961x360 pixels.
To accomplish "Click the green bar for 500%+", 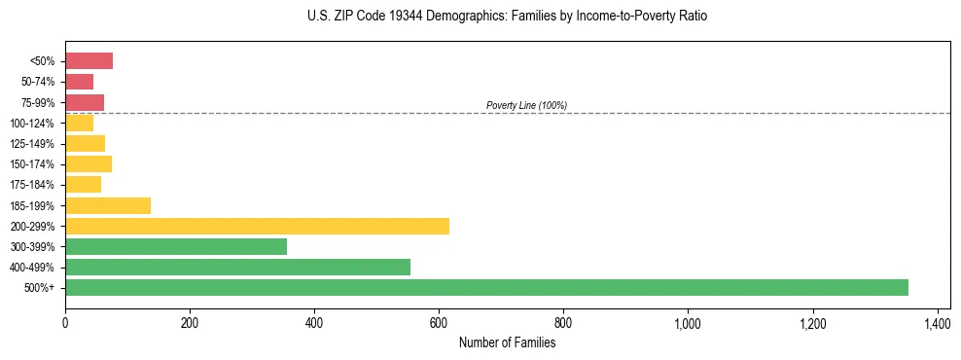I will (x=486, y=287).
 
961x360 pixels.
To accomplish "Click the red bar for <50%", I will (x=89, y=61).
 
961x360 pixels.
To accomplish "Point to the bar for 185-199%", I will (x=108, y=205).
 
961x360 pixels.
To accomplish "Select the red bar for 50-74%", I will (x=79, y=82).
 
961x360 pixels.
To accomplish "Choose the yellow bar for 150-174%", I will (x=89, y=163).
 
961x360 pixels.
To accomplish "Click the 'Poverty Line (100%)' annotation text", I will (x=526, y=105).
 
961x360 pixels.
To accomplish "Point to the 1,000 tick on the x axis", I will (x=688, y=322).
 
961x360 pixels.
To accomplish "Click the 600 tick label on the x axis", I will (x=439, y=322).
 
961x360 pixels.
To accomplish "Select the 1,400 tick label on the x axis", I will (x=937, y=322).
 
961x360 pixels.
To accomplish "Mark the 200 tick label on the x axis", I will (x=190, y=322).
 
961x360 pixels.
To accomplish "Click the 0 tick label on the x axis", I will (x=65, y=322).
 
